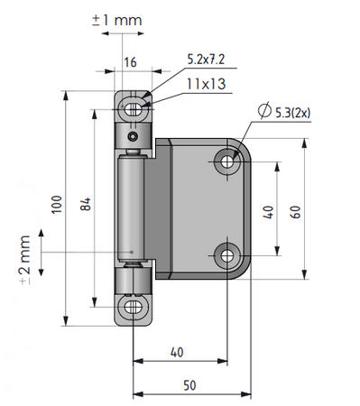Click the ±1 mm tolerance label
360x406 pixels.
pyautogui.click(x=117, y=18)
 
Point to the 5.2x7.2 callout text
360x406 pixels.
pyautogui.click(x=207, y=59)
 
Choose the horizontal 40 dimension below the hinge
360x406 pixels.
pyautogui.click(x=177, y=352)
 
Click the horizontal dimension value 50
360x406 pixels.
pyautogui.click(x=189, y=385)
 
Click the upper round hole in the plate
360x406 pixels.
pyautogui.click(x=226, y=162)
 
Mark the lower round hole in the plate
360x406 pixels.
pyautogui.click(x=226, y=255)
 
